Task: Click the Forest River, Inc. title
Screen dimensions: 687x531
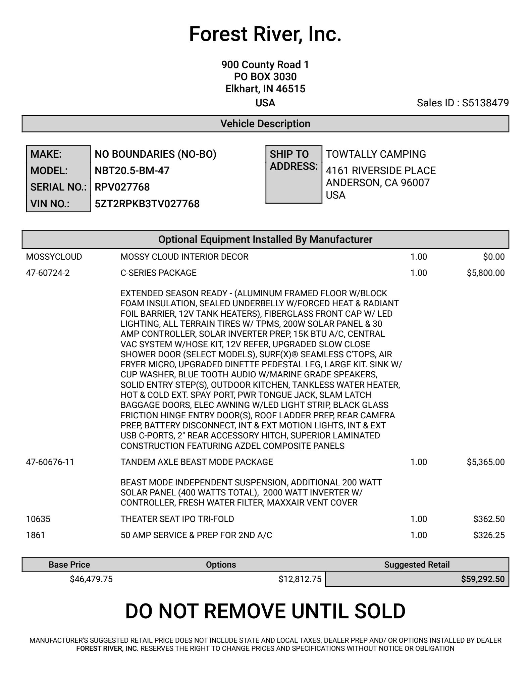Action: point(265,34)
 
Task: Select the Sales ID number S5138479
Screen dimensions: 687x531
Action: point(485,103)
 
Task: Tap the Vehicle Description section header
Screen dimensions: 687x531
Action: point(265,124)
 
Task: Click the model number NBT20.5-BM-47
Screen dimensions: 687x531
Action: point(132,170)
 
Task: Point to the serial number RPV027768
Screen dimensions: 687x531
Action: point(122,187)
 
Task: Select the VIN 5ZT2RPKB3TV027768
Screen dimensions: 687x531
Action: point(147,204)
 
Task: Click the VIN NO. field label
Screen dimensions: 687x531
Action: point(50,204)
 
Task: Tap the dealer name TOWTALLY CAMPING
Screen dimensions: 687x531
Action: point(376,154)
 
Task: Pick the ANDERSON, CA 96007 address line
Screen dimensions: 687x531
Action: point(378,183)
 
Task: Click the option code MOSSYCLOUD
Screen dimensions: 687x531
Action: point(54,257)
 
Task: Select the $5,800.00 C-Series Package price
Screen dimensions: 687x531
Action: point(485,273)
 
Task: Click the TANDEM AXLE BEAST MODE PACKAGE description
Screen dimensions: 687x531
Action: point(197,462)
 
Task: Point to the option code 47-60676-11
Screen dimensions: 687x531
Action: point(50,462)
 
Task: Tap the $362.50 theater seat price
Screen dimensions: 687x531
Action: point(489,519)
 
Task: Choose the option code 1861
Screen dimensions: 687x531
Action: point(36,535)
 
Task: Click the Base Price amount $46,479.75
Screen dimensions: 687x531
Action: point(91,579)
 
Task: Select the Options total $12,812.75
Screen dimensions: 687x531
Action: point(300,579)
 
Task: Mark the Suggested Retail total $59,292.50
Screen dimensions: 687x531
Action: point(482,579)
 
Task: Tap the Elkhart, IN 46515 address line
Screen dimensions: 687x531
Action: point(265,89)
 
